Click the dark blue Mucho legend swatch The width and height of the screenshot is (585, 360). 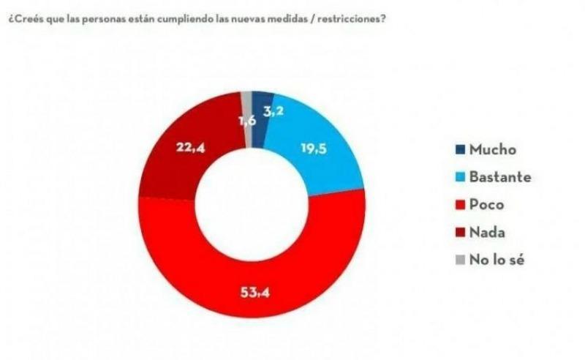pos(458,149)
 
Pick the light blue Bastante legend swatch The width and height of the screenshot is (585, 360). pos(458,176)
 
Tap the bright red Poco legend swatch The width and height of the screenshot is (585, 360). pos(458,204)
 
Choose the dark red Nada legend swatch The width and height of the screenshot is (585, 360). pos(458,231)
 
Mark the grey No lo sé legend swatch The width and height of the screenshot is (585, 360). pos(458,259)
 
